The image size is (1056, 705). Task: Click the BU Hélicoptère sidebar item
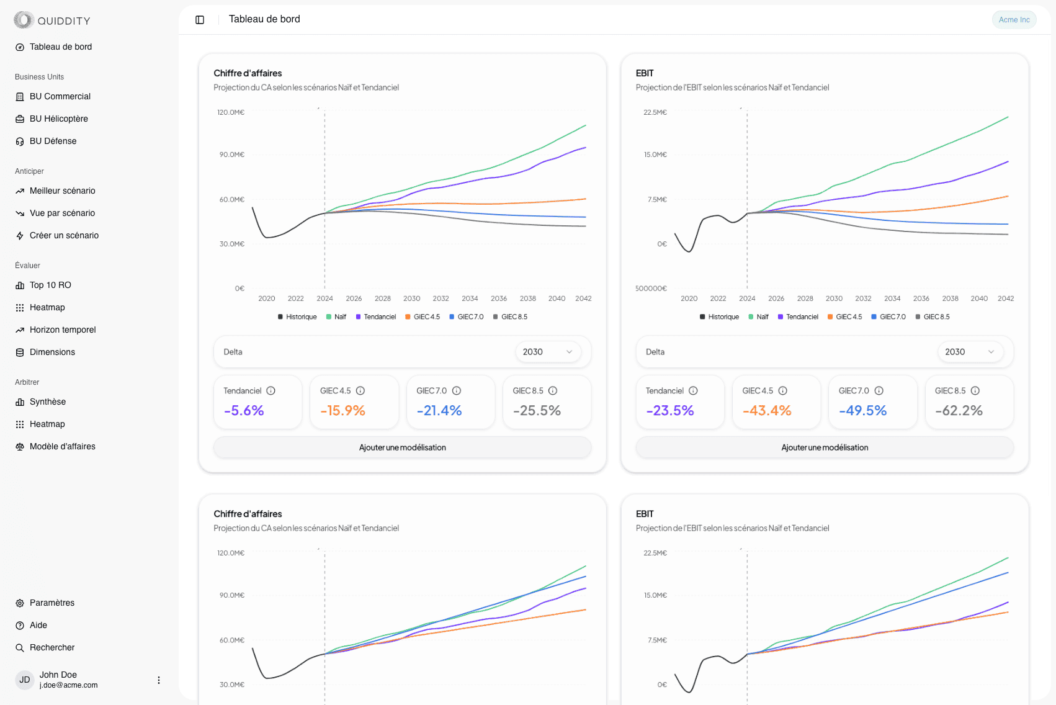(58, 119)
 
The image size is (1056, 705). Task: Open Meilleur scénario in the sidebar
(62, 191)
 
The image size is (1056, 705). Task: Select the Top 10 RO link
(50, 285)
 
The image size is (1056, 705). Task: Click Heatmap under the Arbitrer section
(47, 424)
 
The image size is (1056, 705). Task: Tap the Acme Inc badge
(1014, 20)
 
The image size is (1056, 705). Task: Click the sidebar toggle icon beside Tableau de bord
(200, 20)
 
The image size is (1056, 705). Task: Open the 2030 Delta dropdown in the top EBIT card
(970, 352)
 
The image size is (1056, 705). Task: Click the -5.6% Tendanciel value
(244, 410)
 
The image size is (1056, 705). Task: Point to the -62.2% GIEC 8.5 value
(959, 410)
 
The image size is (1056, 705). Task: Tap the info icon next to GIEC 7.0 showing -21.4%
(457, 391)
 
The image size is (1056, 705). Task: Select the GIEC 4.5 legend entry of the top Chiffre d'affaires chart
(423, 317)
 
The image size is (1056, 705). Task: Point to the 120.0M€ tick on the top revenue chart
(231, 112)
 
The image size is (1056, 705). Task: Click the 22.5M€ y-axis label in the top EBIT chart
(655, 112)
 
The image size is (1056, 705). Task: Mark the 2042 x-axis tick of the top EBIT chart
(1005, 299)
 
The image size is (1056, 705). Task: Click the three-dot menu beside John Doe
(159, 680)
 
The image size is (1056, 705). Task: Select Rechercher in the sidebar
(52, 647)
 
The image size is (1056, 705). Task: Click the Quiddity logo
(52, 20)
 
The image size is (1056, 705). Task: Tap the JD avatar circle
(25, 680)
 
